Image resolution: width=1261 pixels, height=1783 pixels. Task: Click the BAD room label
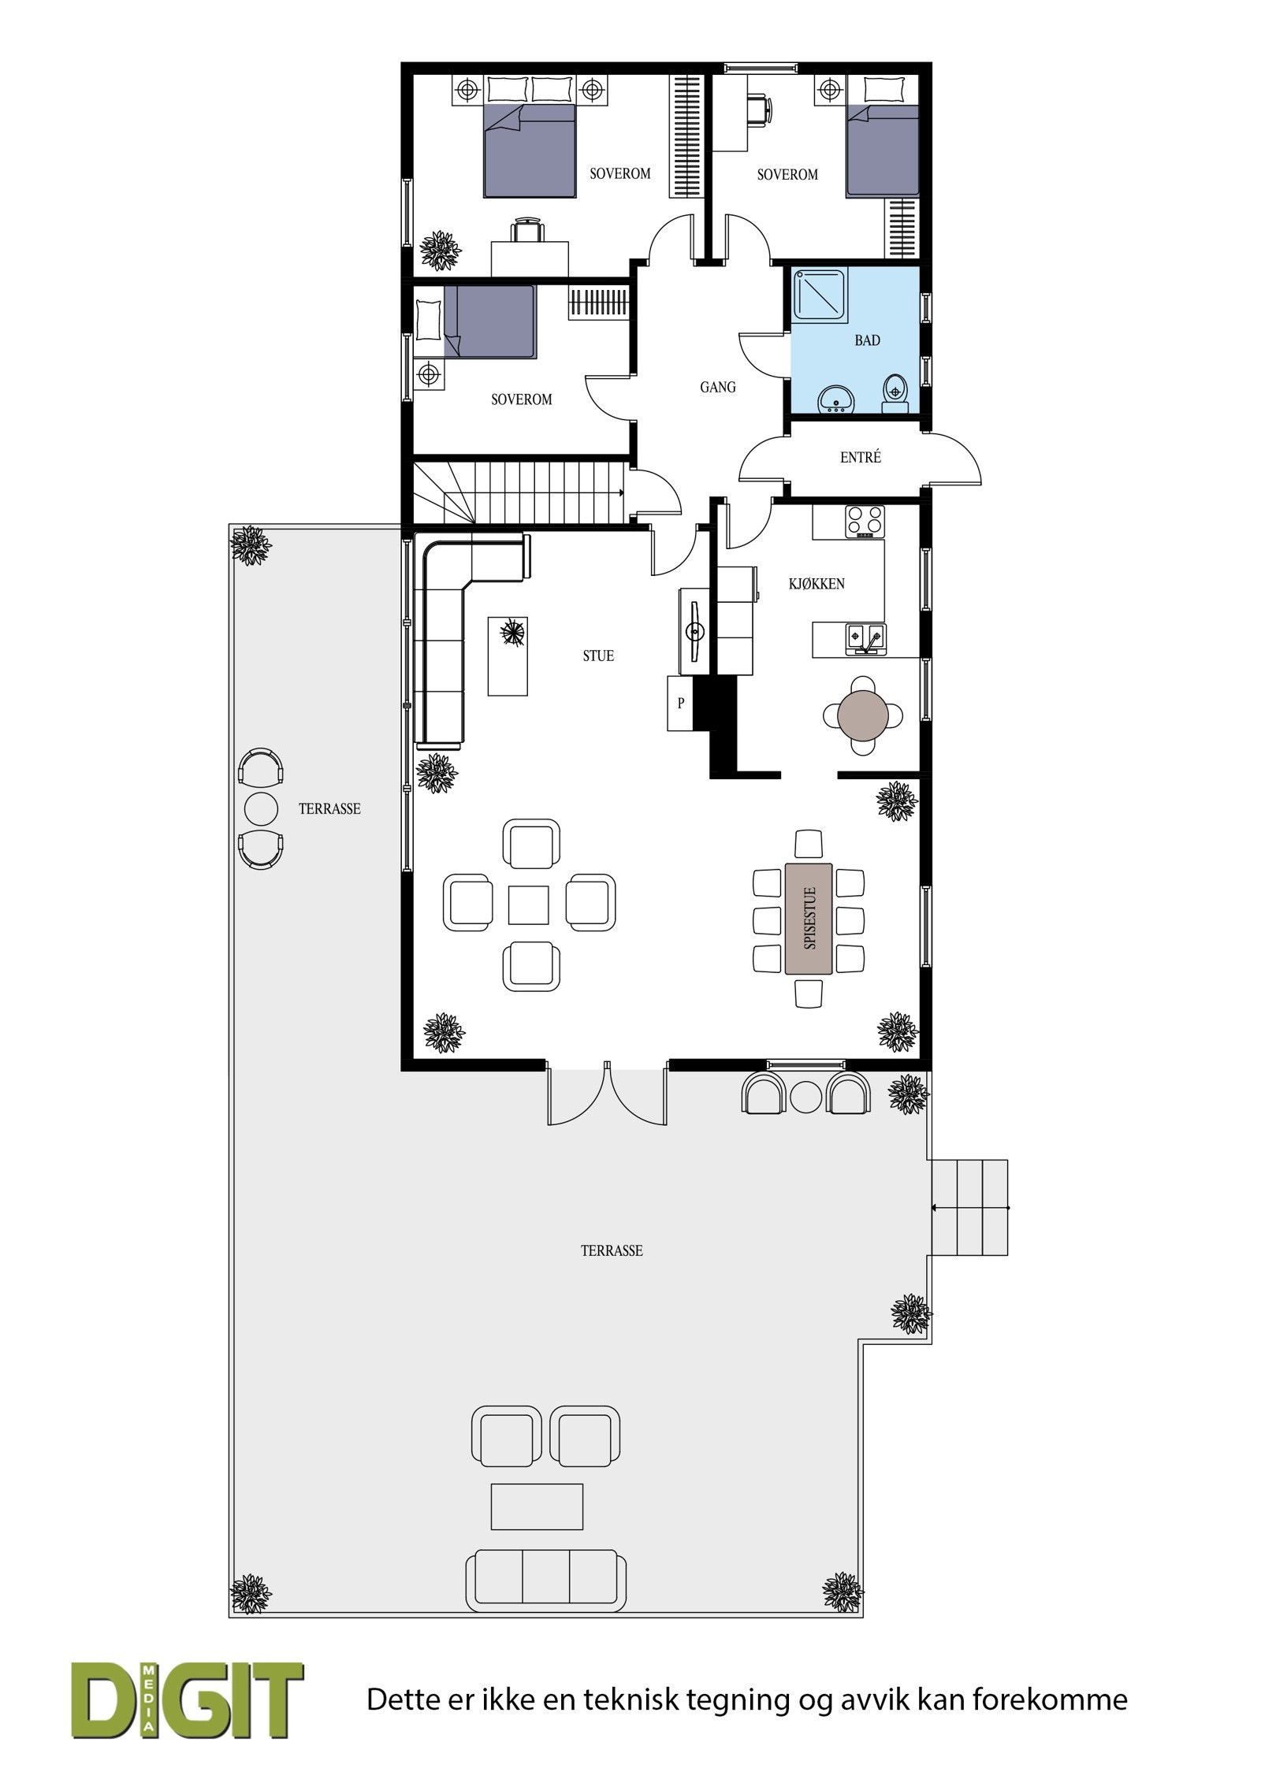tap(867, 340)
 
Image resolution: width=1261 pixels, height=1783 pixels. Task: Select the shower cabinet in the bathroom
tap(821, 295)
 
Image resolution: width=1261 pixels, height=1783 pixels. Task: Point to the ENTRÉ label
tap(860, 457)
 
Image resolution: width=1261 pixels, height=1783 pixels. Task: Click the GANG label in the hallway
tap(717, 387)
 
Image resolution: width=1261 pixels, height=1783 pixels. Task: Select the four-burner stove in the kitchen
tap(865, 521)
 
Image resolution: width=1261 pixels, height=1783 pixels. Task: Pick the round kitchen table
tap(863, 715)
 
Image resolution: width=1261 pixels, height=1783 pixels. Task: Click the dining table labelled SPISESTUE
tap(808, 919)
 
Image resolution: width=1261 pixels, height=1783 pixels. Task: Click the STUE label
tap(598, 656)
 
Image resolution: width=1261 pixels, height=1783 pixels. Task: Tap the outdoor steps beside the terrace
tap(969, 1207)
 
